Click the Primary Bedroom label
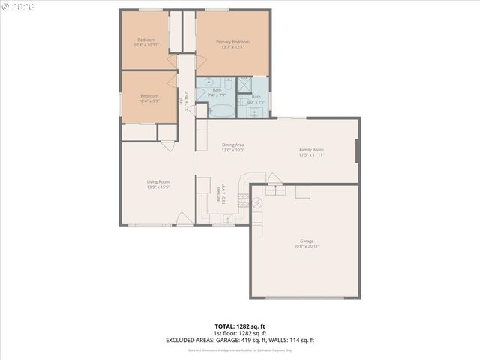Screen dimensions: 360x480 click(x=232, y=42)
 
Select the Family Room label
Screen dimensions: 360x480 click(x=311, y=150)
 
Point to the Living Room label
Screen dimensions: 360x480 click(x=158, y=181)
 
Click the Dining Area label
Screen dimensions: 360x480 click(x=232, y=145)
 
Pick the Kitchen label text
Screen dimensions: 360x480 click(x=218, y=195)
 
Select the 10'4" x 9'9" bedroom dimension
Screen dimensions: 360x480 click(x=148, y=100)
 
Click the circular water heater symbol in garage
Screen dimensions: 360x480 click(x=256, y=202)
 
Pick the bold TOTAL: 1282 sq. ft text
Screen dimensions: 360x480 click(x=240, y=326)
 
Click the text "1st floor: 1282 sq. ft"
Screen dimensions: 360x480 click(x=240, y=333)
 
